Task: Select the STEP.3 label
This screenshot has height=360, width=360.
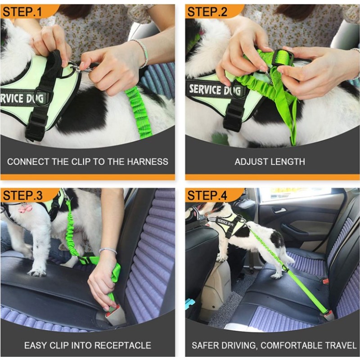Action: [23, 195]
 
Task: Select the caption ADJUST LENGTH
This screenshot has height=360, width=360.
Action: [270, 161]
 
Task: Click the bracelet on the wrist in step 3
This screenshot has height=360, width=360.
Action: [108, 250]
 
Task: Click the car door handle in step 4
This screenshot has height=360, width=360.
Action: [279, 210]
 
